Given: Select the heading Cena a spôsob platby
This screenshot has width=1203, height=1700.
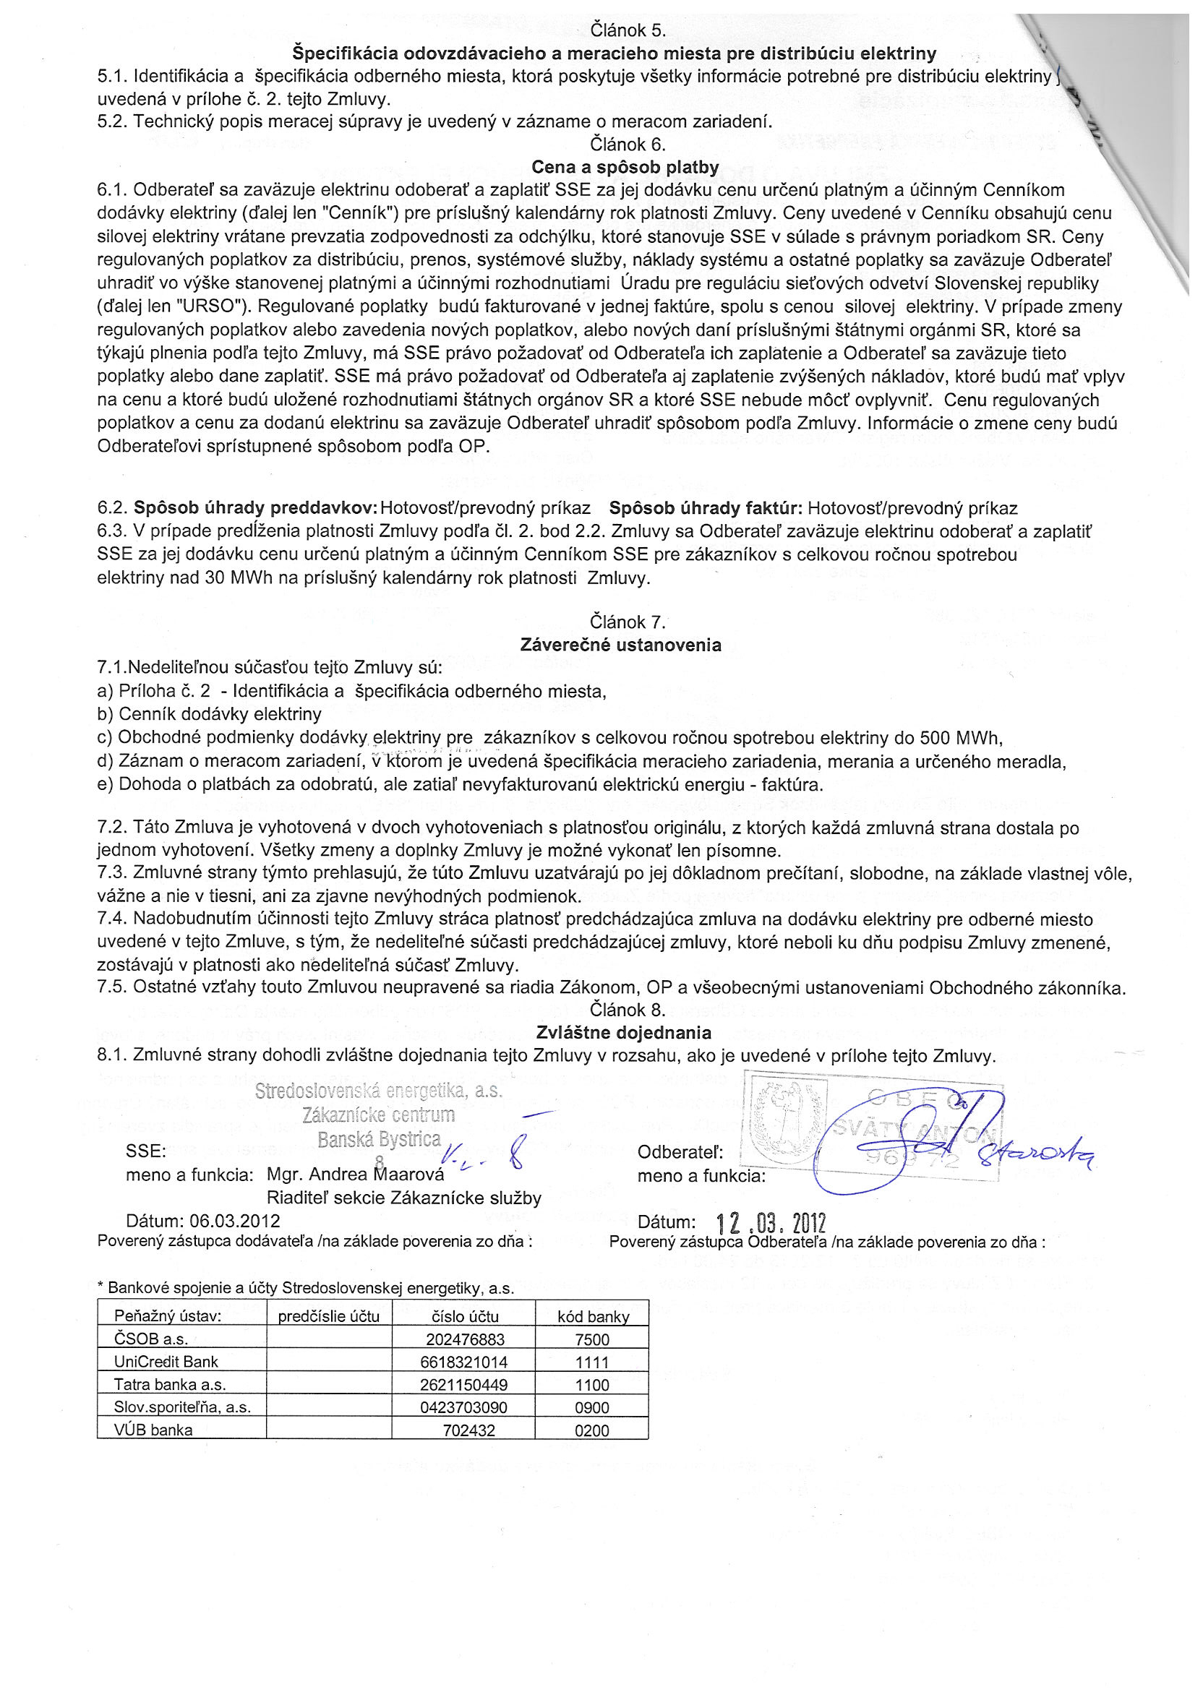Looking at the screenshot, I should [x=625, y=168].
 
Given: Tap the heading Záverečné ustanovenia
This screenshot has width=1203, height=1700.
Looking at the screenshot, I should [x=620, y=645].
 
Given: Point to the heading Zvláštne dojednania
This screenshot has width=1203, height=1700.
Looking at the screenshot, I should [x=623, y=1032].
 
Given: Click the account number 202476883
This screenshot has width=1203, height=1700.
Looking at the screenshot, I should [x=464, y=1339].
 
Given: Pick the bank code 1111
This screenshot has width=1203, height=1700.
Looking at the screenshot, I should [x=591, y=1362].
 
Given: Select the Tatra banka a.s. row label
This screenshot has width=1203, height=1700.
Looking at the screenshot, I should [x=170, y=1385].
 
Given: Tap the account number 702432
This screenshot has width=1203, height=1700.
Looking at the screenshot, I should [x=468, y=1430].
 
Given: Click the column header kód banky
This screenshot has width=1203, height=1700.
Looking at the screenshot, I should [x=593, y=1316].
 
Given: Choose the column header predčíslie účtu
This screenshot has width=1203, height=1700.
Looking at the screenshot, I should [x=328, y=1316].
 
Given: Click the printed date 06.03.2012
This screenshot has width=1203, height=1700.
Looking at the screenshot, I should [x=234, y=1221].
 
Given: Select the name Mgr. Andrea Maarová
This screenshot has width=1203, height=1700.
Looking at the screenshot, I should [x=356, y=1175].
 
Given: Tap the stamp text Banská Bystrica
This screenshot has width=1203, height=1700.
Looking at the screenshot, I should [x=379, y=1140].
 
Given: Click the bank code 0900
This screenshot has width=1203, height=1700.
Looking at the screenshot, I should [x=591, y=1407].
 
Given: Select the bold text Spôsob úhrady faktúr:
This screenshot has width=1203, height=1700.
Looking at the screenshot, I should [x=705, y=508].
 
